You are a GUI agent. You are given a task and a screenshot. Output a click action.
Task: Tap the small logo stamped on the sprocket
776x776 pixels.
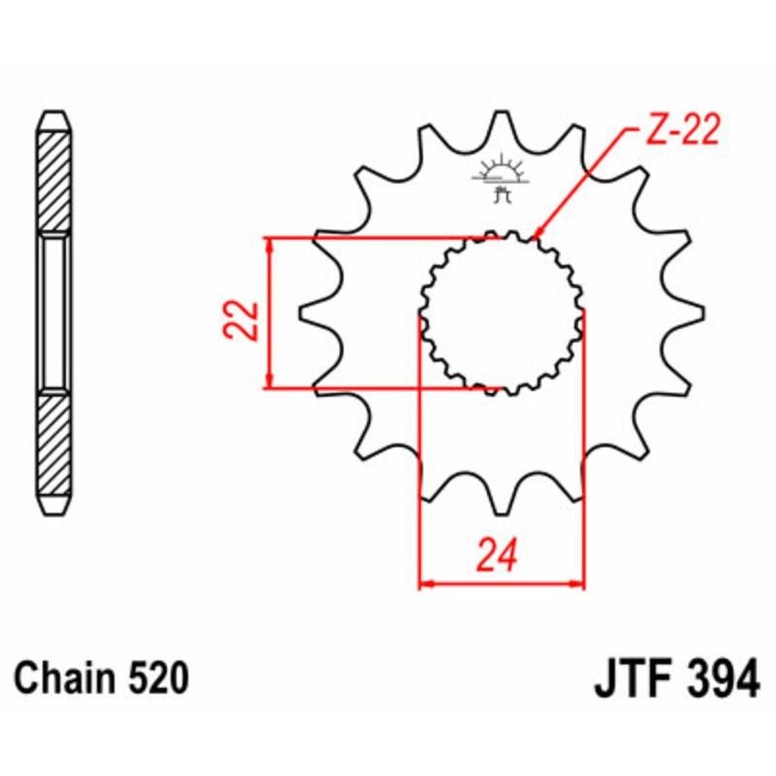coord(501,179)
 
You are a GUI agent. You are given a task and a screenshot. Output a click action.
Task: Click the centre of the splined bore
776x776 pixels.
coord(501,312)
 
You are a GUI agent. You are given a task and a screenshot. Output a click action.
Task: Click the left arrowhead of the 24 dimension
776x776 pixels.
coord(425,584)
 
